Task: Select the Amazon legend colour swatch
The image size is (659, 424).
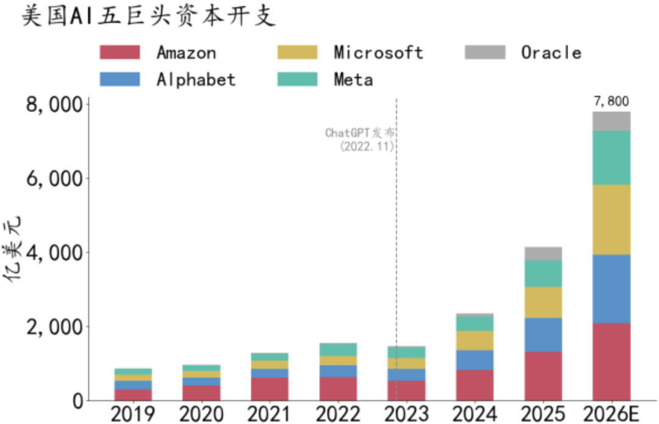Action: (120, 52)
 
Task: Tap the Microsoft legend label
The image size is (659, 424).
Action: (378, 52)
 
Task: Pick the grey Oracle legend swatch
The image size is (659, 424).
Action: (485, 52)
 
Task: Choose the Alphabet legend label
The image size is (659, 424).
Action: (196, 79)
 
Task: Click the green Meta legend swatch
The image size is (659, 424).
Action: (298, 79)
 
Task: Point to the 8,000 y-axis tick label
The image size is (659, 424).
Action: (54, 105)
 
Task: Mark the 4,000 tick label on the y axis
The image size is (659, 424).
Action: (54, 253)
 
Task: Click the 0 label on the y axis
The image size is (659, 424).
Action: (77, 401)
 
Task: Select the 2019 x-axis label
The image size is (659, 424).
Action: (133, 414)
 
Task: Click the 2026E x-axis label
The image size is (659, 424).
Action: (611, 414)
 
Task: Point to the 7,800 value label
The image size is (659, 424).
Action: (611, 101)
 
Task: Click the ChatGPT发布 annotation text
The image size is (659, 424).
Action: (360, 133)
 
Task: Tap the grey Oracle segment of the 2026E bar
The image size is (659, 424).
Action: (611, 121)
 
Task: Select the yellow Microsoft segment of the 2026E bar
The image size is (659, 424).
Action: (611, 220)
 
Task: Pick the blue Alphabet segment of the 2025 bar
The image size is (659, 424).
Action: (543, 335)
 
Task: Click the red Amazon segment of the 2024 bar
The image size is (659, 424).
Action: (475, 386)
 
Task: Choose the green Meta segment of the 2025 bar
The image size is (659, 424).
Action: (543, 274)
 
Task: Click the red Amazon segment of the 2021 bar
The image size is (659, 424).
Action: (270, 389)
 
